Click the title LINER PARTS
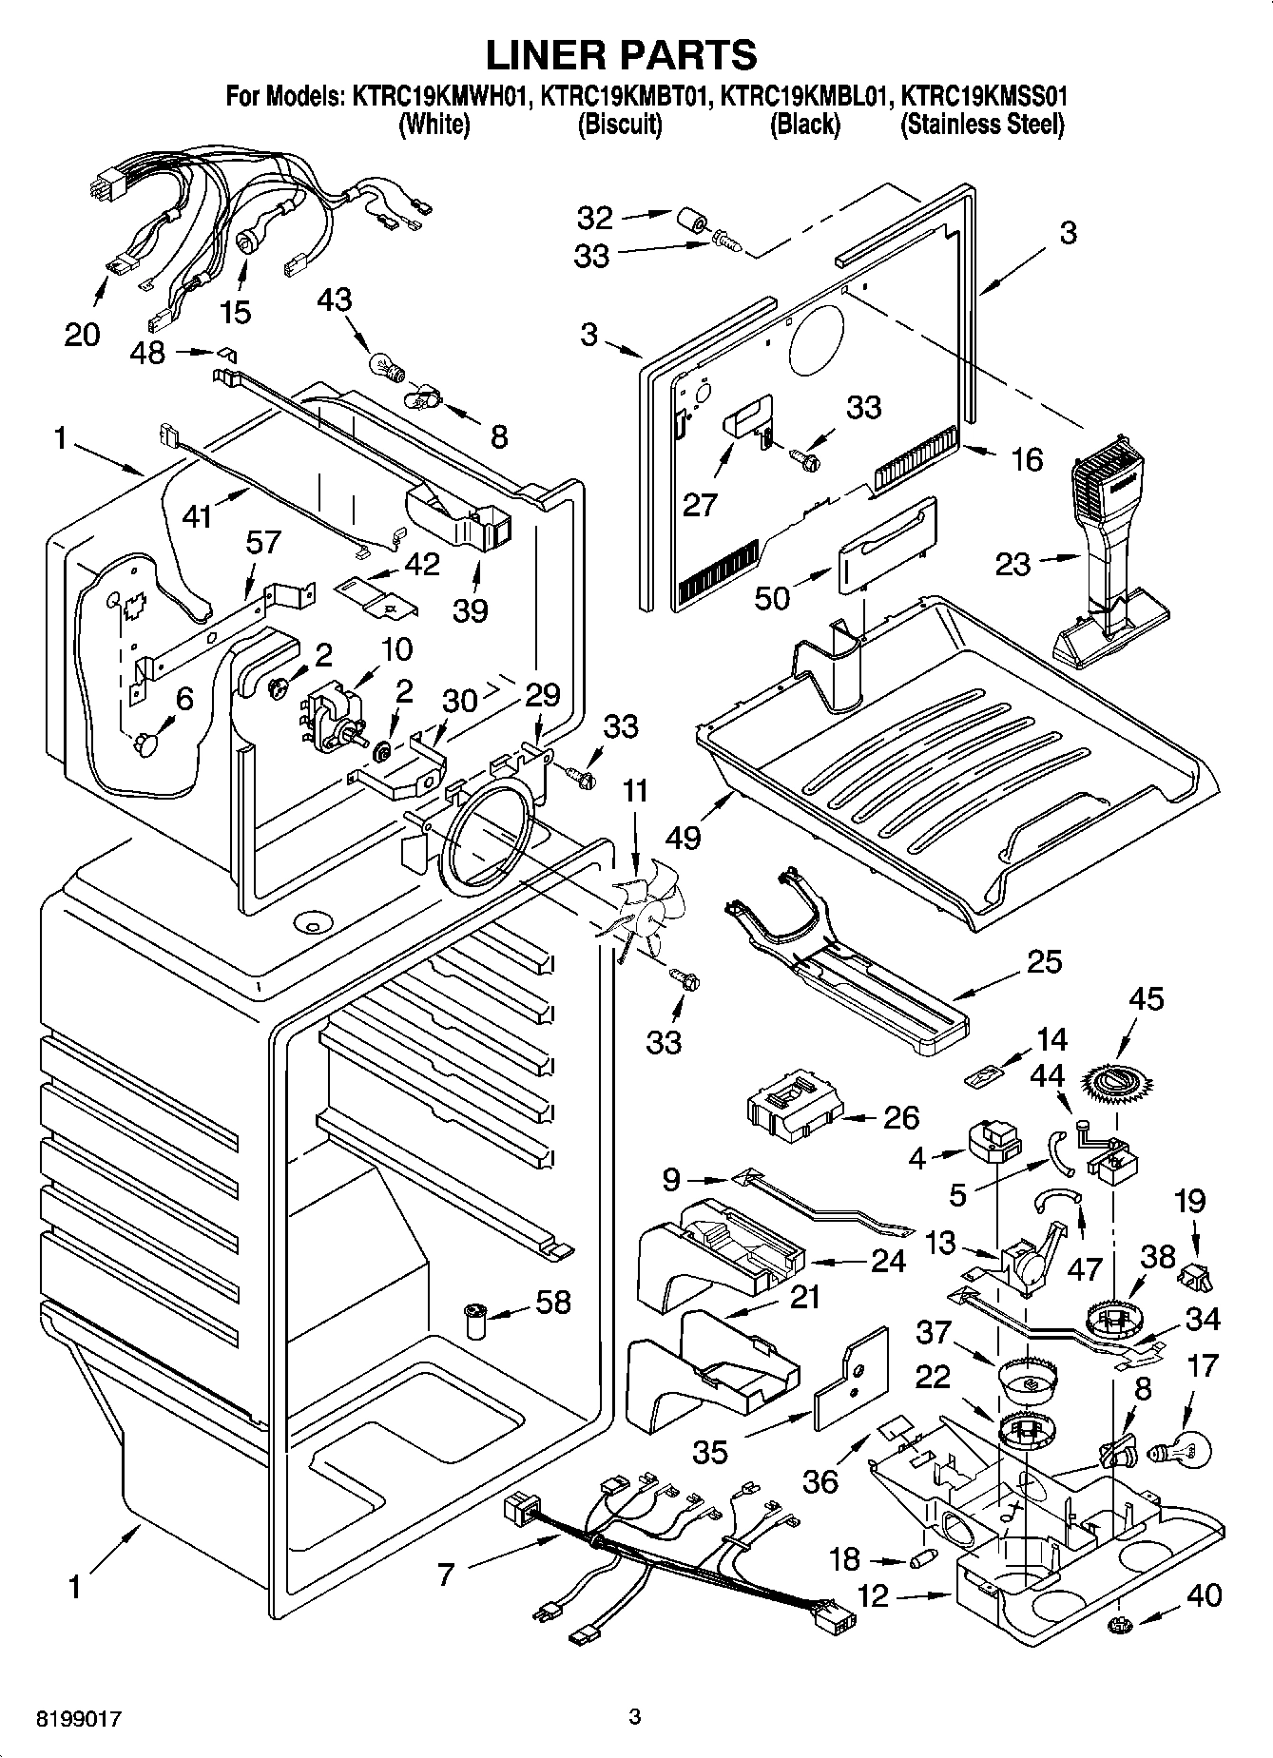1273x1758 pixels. pos(621,54)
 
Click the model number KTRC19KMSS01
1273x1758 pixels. pos(983,96)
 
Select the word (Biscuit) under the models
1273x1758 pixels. pos(620,125)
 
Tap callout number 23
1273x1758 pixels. pos(1012,564)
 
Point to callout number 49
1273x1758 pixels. pos(683,837)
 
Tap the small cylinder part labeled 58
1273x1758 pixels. pos(473,1321)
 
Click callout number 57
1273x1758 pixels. pos(262,542)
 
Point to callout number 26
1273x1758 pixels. pos(899,1116)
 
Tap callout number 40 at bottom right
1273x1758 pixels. pos(1205,1594)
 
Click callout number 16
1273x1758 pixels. pos(1028,460)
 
